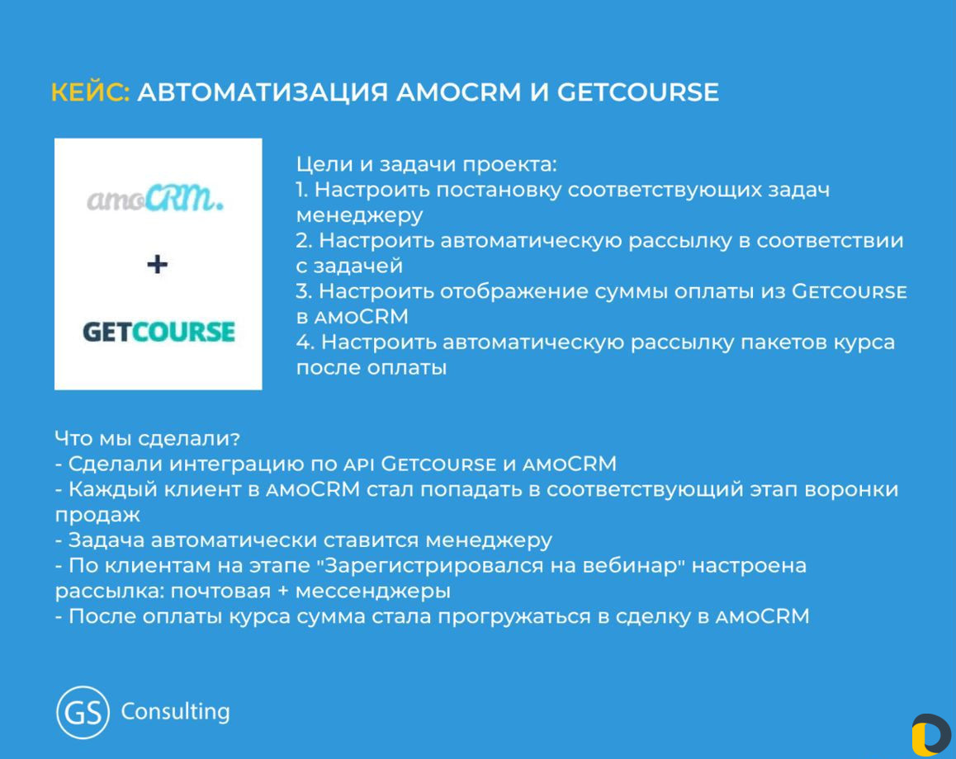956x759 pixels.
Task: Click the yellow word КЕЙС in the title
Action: point(90,92)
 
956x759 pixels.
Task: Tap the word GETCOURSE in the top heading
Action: point(637,92)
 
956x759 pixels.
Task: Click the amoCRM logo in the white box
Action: point(155,198)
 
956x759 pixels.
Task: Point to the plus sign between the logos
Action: point(158,264)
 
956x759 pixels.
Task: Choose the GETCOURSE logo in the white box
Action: point(159,332)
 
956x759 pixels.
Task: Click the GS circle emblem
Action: point(83,712)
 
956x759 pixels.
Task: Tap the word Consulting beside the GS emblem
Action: point(176,711)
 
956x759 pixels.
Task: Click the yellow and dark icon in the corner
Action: point(931,734)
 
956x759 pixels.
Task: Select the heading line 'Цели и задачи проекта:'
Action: point(426,164)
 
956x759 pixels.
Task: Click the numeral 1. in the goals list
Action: point(302,190)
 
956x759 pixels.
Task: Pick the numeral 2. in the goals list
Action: point(305,241)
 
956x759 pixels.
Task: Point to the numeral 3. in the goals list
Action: point(305,291)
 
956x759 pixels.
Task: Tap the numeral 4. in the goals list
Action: point(305,342)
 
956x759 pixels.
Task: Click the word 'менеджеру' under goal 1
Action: point(360,215)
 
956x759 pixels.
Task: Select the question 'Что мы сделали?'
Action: point(147,439)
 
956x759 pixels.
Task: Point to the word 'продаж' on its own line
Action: point(97,516)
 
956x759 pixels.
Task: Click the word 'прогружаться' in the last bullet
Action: point(514,617)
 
